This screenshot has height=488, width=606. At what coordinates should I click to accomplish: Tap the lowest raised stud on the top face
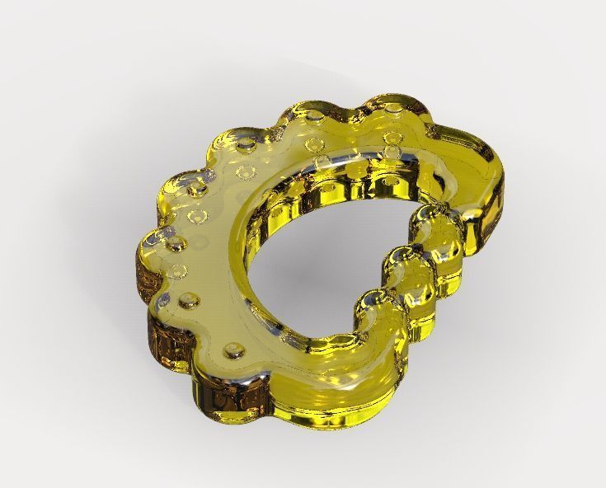(238, 352)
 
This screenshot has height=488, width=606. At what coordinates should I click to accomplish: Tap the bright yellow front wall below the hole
(330, 404)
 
